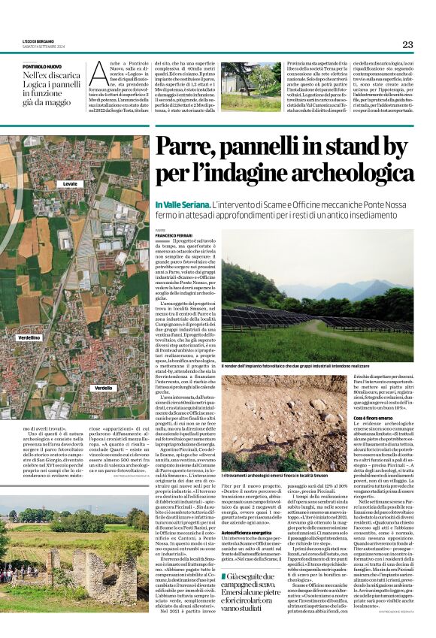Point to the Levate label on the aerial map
pyautogui.click(x=71, y=183)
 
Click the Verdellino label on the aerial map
pyautogui.click(x=29, y=317)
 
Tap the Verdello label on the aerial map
pyautogui.click(x=103, y=387)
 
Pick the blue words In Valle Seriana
pyautogui.click(x=182, y=205)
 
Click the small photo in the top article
pyautogui.click(x=250, y=86)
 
